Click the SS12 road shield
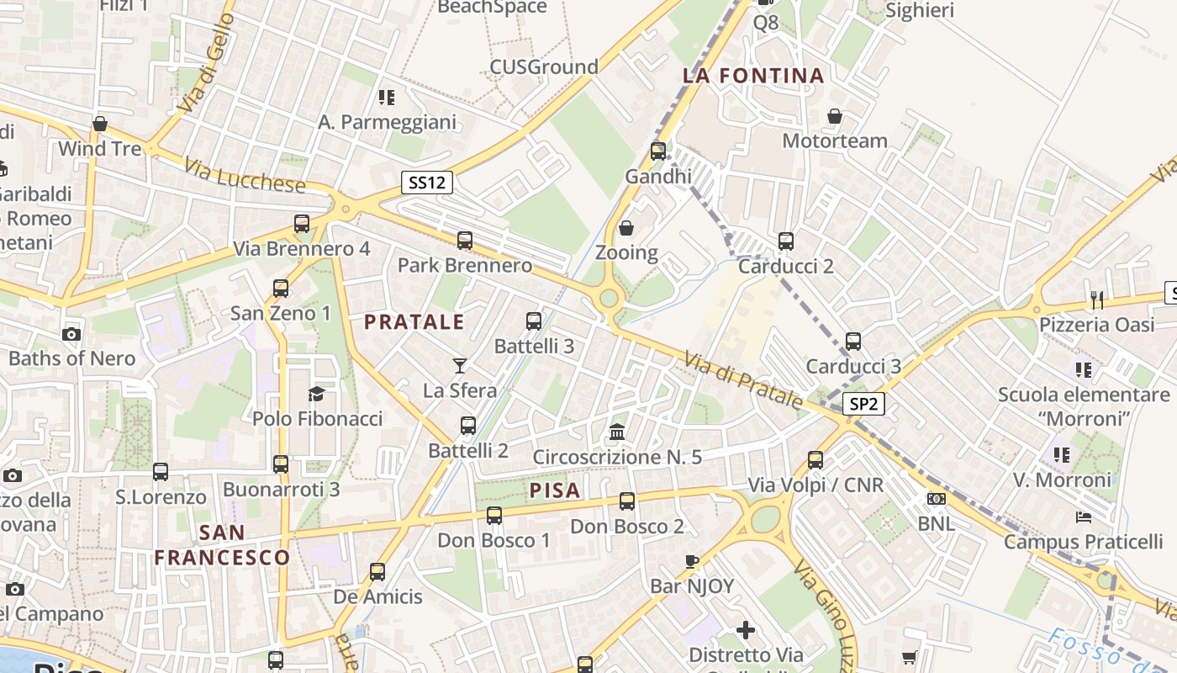(x=426, y=183)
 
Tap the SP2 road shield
(x=863, y=404)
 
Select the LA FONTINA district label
(x=753, y=76)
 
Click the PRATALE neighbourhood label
(x=414, y=321)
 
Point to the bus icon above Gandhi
(x=658, y=151)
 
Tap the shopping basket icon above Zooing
(x=626, y=228)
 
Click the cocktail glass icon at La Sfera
(x=460, y=365)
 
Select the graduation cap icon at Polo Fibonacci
(x=317, y=394)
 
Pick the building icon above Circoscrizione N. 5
(x=618, y=432)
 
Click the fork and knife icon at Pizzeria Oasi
(x=1096, y=299)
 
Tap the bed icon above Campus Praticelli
(x=1084, y=517)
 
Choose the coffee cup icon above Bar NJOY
(x=692, y=561)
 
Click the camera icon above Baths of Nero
(x=71, y=334)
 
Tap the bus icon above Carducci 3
(x=853, y=342)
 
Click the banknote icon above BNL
(x=936, y=499)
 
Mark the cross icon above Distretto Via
(x=746, y=630)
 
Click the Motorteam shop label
(x=835, y=140)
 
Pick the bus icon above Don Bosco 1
(x=494, y=515)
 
